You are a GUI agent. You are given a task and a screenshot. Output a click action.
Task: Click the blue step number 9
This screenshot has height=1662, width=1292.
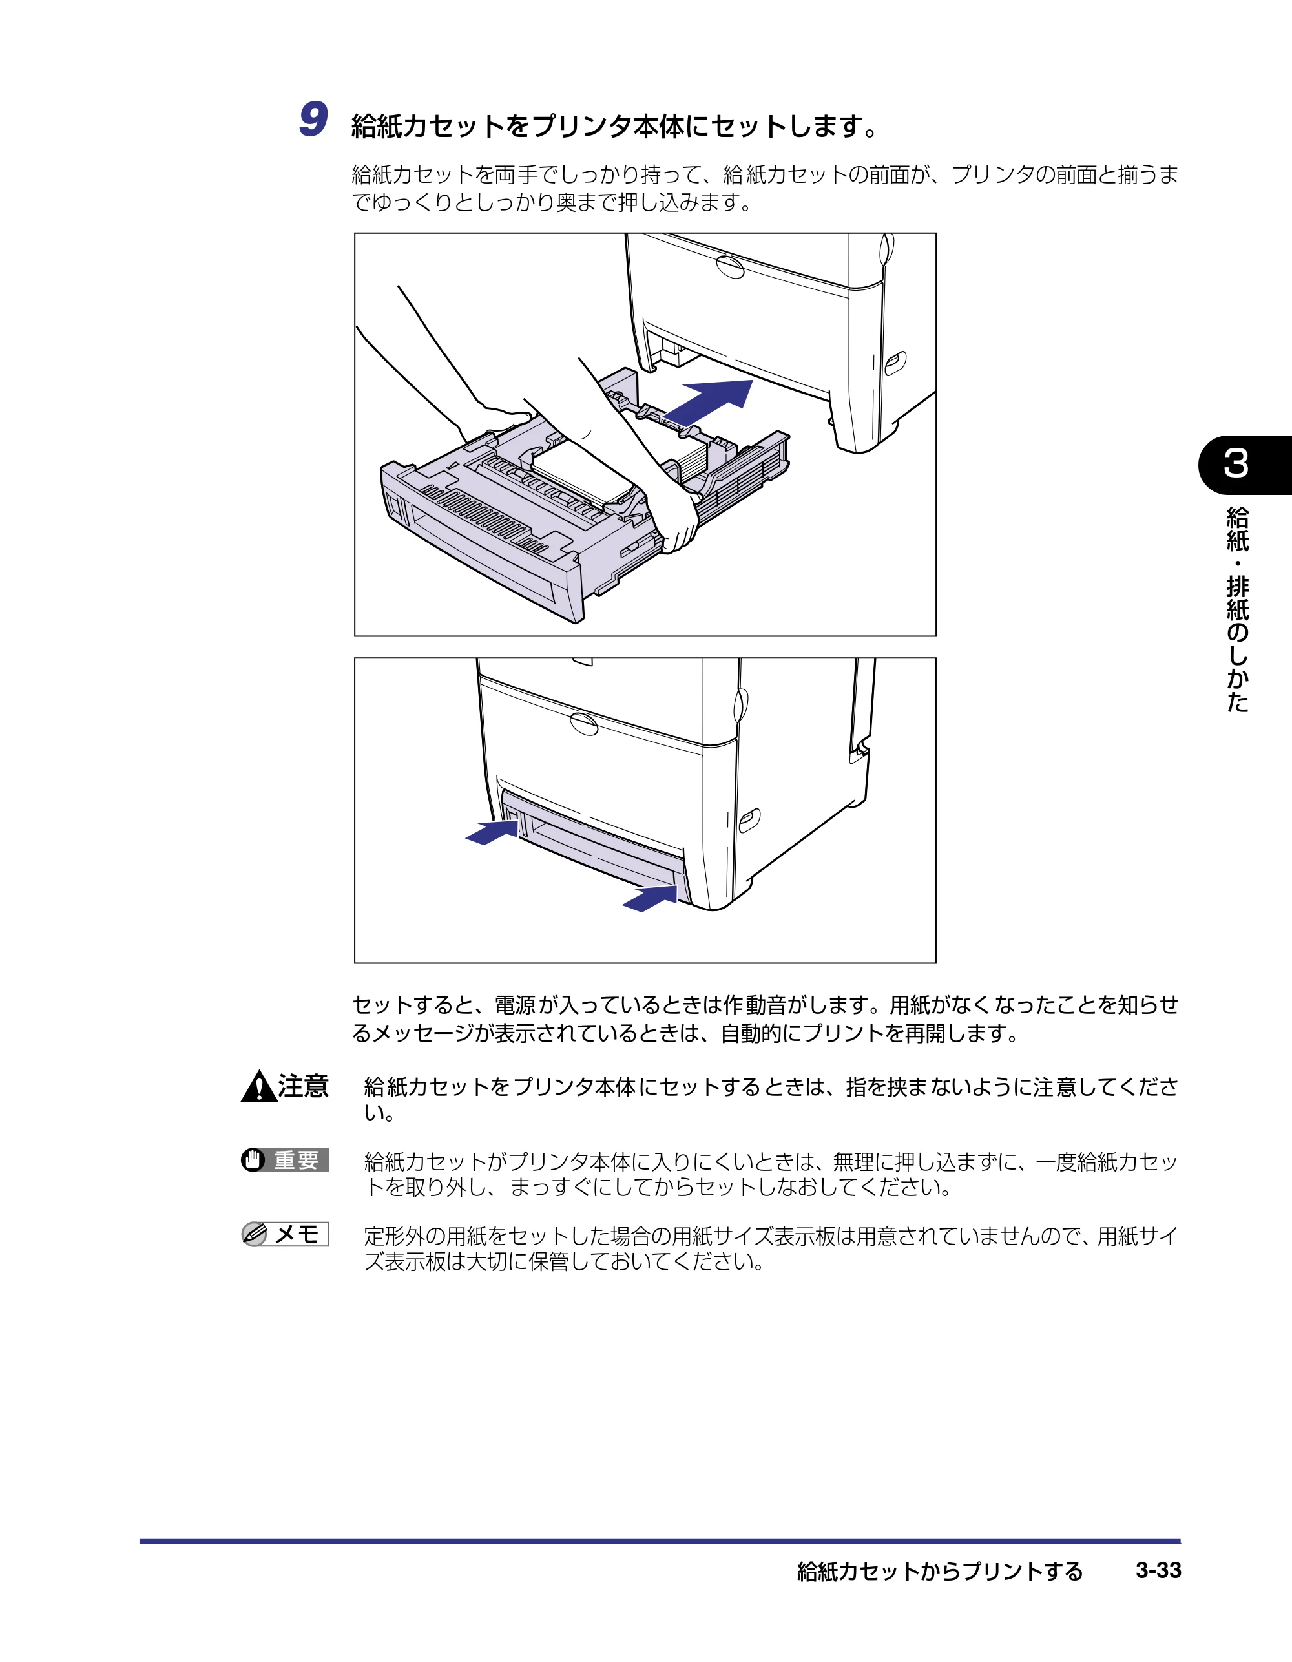(313, 120)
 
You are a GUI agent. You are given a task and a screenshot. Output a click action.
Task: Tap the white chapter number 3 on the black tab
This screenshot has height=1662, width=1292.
(1236, 463)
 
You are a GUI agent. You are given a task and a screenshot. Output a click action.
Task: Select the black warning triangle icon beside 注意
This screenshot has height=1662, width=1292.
(258, 1087)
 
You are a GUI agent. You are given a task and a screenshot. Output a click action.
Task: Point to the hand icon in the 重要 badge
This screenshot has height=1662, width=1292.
(253, 1160)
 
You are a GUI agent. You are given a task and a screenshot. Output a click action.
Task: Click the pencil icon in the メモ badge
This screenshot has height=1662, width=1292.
(254, 1234)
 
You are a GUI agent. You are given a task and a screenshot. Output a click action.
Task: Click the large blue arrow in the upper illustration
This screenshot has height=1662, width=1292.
(707, 403)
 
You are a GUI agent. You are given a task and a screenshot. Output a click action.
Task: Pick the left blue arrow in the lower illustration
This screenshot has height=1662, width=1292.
(492, 832)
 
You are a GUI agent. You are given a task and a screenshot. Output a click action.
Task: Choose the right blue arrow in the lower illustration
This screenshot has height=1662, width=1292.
(650, 898)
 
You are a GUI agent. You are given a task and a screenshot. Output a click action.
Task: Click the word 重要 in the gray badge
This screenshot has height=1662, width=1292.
(297, 1161)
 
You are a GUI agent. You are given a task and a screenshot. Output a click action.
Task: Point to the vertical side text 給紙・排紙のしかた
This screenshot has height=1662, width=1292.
(1237, 609)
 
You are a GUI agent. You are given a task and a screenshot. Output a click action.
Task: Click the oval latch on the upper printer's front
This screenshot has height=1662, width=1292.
(730, 266)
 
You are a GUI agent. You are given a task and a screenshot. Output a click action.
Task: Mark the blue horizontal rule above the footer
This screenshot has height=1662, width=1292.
(660, 1541)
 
